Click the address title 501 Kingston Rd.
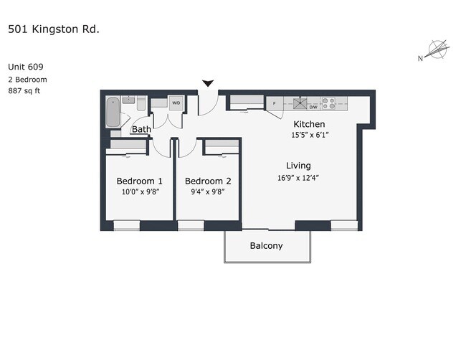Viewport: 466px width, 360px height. tap(54, 29)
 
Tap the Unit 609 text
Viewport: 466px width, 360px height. tap(26, 67)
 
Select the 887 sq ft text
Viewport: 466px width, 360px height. tap(24, 90)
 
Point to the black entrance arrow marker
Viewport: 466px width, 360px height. tap(208, 83)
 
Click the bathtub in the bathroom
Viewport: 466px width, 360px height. tap(113, 112)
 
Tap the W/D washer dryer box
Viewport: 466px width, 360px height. tap(176, 103)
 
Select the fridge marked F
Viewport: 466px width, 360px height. tap(275, 103)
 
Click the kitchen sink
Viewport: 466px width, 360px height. tap(300, 104)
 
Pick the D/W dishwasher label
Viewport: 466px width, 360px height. tap(313, 107)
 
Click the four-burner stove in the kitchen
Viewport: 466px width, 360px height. tap(328, 103)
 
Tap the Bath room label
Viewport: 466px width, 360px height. tap(141, 129)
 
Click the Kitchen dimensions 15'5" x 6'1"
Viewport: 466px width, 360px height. tap(310, 135)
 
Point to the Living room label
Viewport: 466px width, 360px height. tap(298, 166)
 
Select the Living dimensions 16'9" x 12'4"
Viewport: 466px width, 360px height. tap(298, 178)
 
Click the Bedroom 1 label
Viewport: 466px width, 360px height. tap(139, 181)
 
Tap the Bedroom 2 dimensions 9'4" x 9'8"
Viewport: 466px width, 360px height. tap(207, 191)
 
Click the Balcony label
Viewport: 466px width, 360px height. tap(266, 246)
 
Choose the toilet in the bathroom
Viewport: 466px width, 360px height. tap(141, 103)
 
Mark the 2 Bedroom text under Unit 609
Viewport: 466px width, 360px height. tap(27, 80)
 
